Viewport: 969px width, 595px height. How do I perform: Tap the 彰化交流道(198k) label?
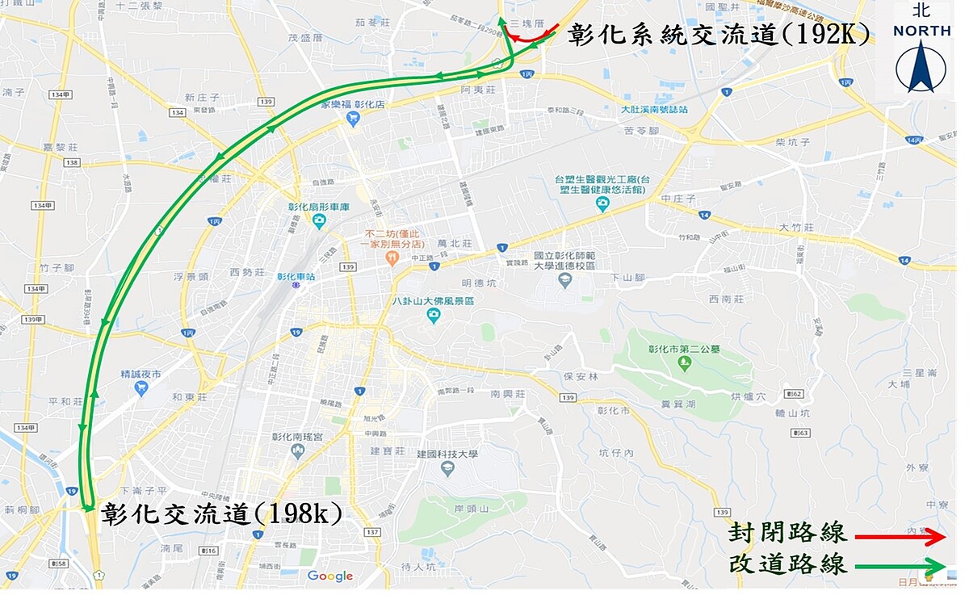coord(222,513)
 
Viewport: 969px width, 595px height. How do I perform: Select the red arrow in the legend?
coord(900,536)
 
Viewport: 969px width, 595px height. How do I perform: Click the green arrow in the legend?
coord(900,565)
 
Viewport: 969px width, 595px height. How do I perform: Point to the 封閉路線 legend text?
coord(787,534)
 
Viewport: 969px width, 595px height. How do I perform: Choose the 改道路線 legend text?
coord(787,564)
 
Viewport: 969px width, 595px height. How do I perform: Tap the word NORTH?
coord(921,31)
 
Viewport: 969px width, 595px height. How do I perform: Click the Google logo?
coord(330,576)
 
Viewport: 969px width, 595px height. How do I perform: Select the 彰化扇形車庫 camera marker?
coord(319,220)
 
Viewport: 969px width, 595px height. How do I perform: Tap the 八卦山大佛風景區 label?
coord(433,301)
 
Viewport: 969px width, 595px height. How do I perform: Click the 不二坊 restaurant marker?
coord(392,258)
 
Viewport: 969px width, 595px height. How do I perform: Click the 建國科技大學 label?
coord(447,455)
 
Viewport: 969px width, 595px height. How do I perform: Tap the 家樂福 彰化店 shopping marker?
coord(352,119)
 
